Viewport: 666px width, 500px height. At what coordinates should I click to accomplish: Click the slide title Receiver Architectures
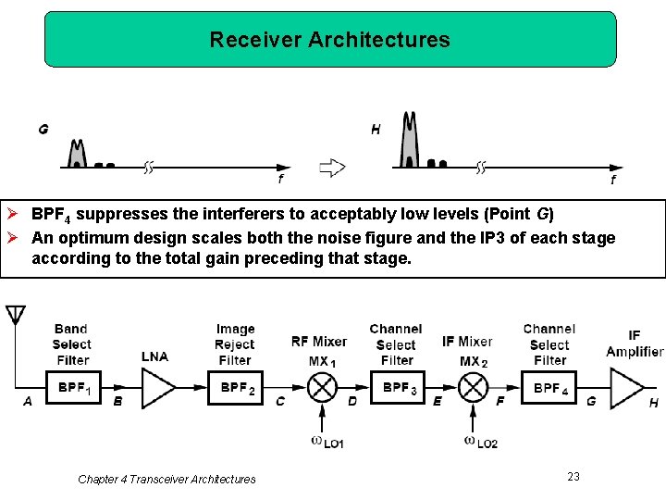(x=329, y=40)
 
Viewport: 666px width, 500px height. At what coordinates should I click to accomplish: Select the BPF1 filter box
(x=74, y=387)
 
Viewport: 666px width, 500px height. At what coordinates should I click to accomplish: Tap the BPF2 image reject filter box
(x=237, y=387)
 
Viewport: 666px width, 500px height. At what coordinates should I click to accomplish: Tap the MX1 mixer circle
(x=322, y=387)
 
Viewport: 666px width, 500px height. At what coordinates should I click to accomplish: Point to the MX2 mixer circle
(x=473, y=387)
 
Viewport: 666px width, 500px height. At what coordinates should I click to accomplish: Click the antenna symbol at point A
(x=16, y=316)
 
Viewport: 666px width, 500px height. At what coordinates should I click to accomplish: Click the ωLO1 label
(x=327, y=442)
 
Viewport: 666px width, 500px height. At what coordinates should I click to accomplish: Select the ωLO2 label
(x=480, y=442)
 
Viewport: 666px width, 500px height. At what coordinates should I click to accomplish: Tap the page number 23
(x=573, y=476)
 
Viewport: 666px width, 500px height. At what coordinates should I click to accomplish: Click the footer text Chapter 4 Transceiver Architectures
(x=166, y=479)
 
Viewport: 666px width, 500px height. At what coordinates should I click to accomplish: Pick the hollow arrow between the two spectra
(x=331, y=168)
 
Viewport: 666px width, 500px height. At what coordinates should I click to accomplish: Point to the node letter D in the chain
(x=351, y=401)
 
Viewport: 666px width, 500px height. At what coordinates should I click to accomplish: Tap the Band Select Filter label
(x=71, y=344)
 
